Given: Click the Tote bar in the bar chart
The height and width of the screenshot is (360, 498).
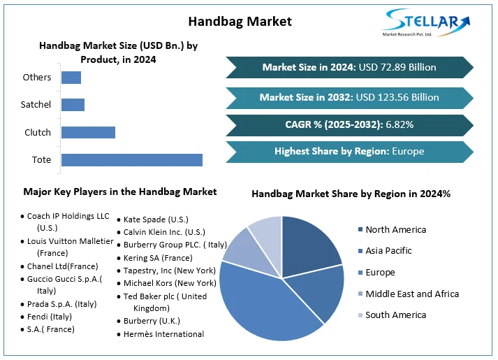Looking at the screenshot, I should point(132,160).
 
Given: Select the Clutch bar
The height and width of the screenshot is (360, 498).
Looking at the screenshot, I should point(88,132).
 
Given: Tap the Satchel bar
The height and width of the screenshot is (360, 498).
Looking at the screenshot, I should point(73,105).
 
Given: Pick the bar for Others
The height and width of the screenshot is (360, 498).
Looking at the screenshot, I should point(71,78).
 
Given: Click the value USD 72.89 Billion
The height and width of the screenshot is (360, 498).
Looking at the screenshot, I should point(397,67).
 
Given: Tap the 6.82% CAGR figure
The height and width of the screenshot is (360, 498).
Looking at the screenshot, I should point(398,124).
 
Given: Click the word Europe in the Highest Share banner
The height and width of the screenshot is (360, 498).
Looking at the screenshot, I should point(408,151).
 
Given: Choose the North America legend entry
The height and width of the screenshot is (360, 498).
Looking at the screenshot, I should point(395,229).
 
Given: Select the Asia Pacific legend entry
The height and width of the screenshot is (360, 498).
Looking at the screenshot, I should point(388,250).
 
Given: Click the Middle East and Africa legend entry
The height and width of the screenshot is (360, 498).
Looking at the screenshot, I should point(412,294).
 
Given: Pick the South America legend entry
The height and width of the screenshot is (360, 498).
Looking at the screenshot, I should point(395,315).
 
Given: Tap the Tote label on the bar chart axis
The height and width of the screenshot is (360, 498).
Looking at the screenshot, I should point(42,160).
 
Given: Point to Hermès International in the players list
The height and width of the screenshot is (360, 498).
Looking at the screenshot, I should point(163,334).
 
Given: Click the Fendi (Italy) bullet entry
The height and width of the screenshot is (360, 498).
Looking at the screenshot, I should point(49,317).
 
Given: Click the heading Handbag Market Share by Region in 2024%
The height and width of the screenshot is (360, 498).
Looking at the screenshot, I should point(351,194).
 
